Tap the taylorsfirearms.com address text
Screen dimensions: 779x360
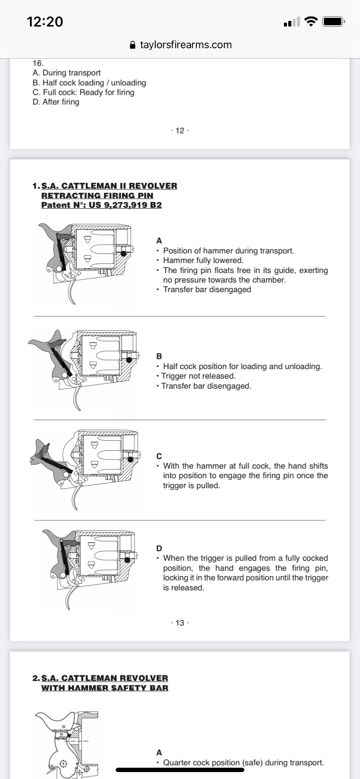coord(186,45)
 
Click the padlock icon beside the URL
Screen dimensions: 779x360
coord(133,45)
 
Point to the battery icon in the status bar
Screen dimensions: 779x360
coord(333,21)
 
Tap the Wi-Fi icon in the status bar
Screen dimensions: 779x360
coord(311,21)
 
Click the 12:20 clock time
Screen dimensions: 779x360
coord(45,21)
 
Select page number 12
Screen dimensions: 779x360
coord(180,130)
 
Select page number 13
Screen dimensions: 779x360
coord(180,623)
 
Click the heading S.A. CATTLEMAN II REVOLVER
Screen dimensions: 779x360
coord(109,186)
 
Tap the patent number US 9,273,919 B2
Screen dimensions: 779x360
coord(125,205)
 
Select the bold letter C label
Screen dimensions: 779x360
coord(159,456)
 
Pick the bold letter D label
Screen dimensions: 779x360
coord(159,549)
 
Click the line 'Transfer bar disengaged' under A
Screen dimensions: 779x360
coord(207,290)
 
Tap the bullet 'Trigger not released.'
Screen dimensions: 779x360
coord(198,376)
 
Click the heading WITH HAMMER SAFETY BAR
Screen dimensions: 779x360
coord(104,688)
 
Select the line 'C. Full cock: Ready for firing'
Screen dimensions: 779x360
coord(83,92)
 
